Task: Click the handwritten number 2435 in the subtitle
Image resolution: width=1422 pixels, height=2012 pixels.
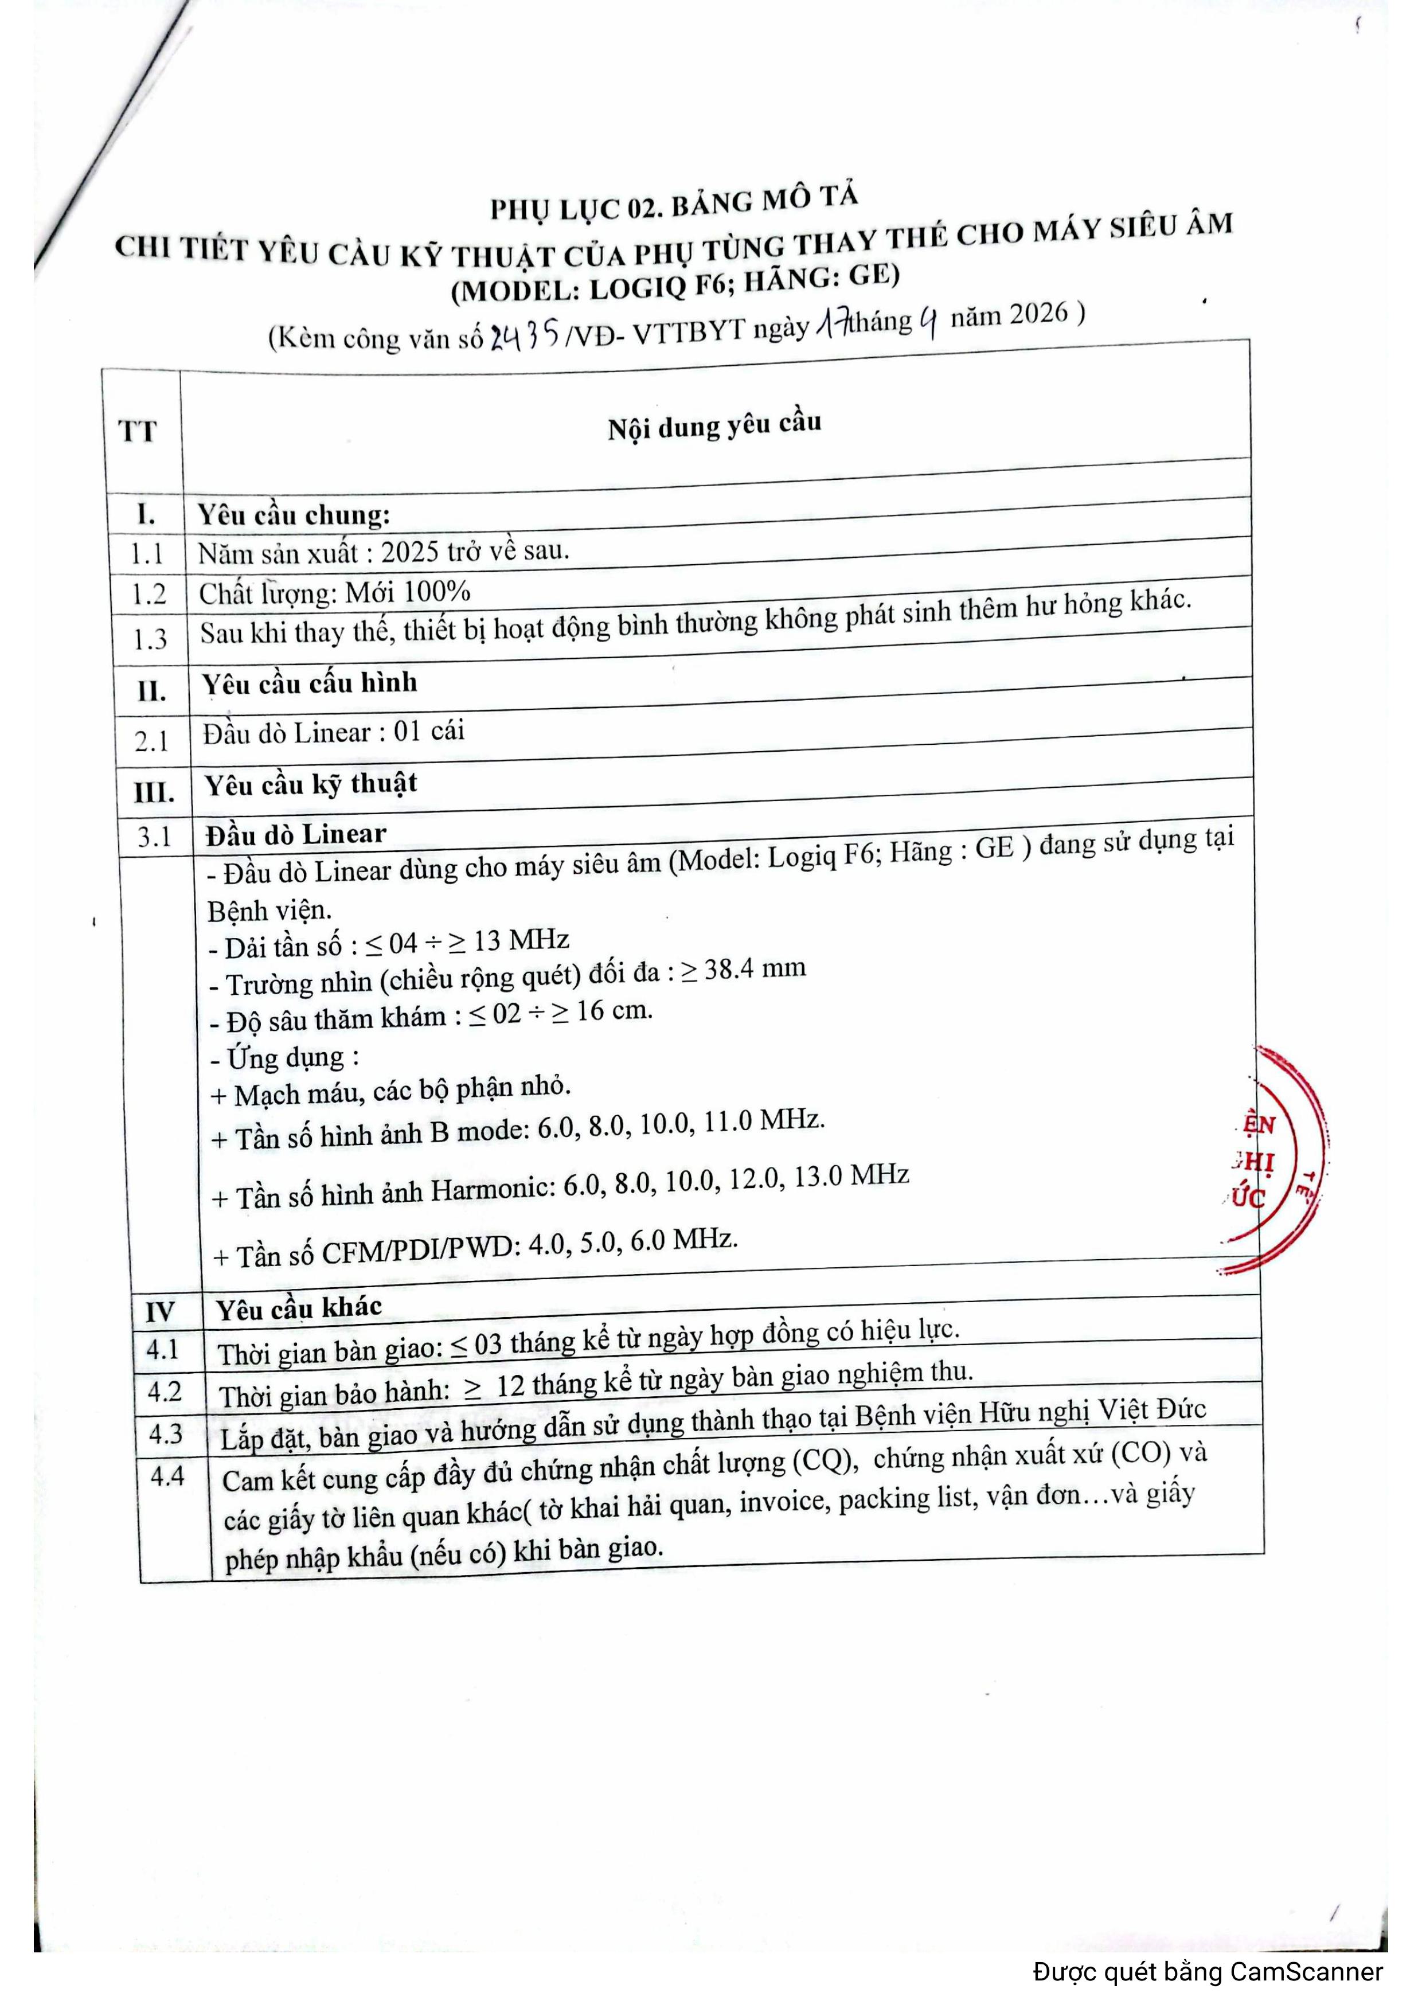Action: pyautogui.click(x=524, y=335)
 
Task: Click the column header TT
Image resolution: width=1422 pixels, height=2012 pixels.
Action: pyautogui.click(x=138, y=431)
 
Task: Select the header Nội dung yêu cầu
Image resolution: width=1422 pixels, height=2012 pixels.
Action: pyautogui.click(x=714, y=427)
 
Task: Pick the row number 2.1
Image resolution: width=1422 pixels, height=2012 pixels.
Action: pyautogui.click(x=151, y=741)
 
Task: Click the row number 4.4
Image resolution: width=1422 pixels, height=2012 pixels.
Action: pyautogui.click(x=166, y=1476)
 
